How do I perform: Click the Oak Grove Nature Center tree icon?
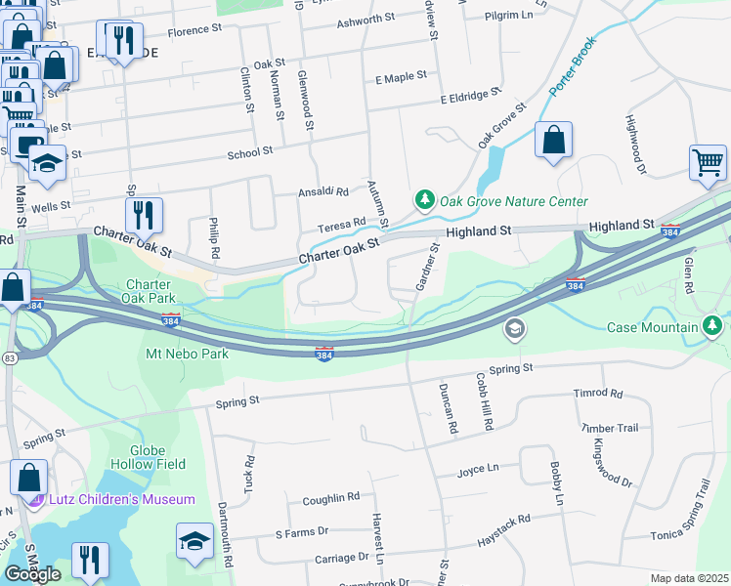[x=424, y=200]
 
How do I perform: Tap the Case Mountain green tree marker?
[x=714, y=325]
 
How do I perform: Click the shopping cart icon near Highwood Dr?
[x=708, y=163]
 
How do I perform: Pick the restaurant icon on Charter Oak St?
[x=144, y=215]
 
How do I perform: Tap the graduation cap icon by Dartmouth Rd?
[x=194, y=542]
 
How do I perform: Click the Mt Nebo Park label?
[x=187, y=354]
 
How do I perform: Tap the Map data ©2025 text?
[x=689, y=578]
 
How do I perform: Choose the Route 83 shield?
[x=8, y=360]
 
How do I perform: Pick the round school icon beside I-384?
[x=514, y=330]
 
